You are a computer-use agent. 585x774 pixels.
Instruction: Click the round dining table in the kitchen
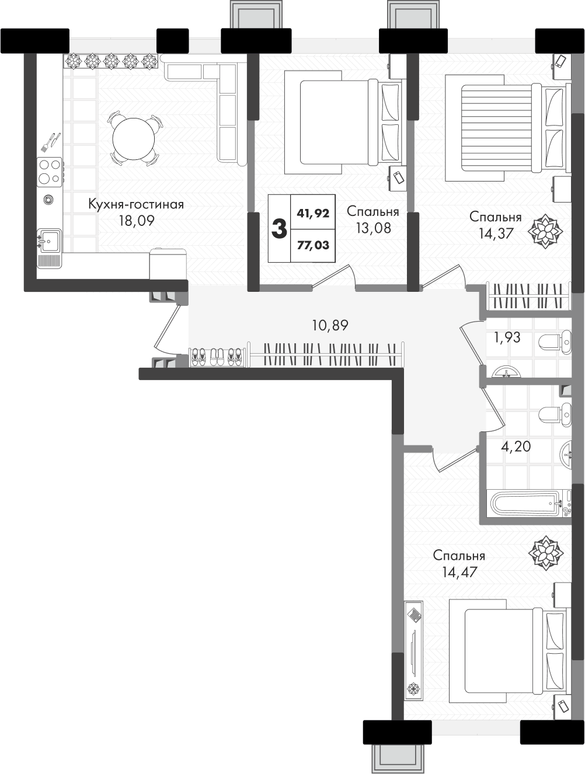click(x=133, y=139)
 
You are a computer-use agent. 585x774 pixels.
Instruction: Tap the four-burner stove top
click(x=50, y=172)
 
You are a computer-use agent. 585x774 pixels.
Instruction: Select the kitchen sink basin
click(x=50, y=240)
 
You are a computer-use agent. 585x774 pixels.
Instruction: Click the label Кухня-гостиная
click(x=136, y=204)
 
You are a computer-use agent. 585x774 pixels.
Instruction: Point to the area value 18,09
click(x=137, y=221)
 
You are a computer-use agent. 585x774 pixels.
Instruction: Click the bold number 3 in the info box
click(x=279, y=228)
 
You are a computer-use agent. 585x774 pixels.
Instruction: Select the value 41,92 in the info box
click(x=313, y=213)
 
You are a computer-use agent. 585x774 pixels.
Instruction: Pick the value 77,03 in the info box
click(x=313, y=245)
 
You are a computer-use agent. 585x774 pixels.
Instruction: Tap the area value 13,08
click(x=374, y=228)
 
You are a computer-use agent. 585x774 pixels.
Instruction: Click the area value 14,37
click(x=496, y=233)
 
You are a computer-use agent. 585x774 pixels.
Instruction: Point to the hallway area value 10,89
click(x=330, y=326)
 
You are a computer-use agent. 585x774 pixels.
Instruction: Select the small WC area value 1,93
click(x=507, y=337)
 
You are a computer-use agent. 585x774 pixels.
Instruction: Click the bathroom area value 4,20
click(x=516, y=447)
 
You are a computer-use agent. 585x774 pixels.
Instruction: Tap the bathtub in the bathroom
click(x=529, y=504)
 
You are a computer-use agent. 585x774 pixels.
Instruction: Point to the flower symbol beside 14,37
click(x=545, y=231)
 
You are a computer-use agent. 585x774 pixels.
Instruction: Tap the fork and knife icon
click(x=50, y=142)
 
